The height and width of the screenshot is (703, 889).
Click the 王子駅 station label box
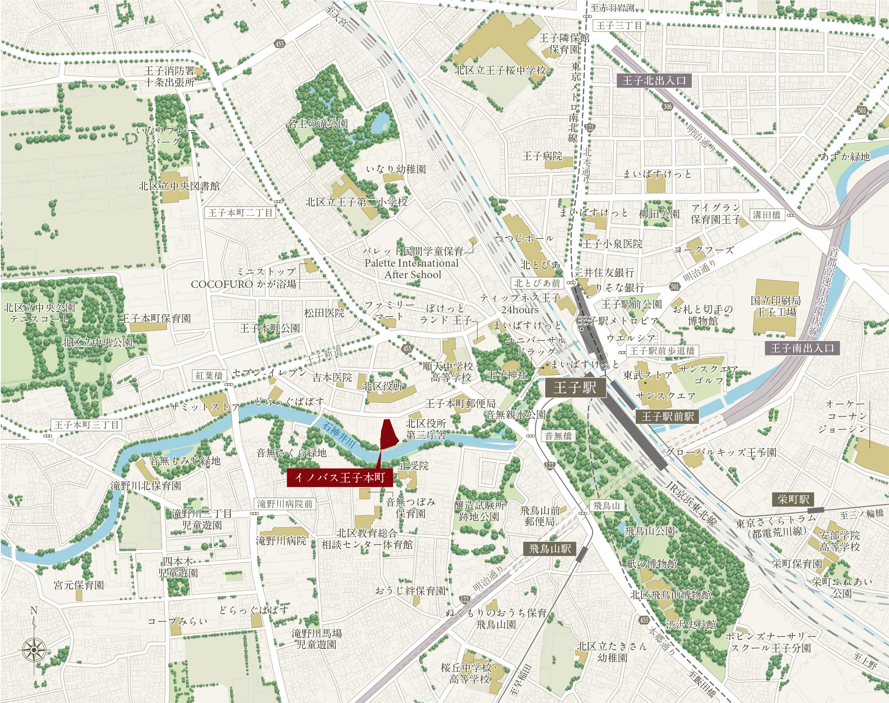click(x=575, y=388)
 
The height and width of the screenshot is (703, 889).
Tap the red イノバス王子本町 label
click(x=339, y=478)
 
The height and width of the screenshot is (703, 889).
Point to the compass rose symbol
click(x=34, y=650)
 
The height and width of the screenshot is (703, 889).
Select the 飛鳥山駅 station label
click(x=550, y=549)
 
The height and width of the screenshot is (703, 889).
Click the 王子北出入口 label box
click(x=654, y=80)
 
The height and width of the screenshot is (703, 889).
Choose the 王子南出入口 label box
click(x=802, y=348)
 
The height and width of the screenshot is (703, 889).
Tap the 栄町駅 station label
click(x=793, y=499)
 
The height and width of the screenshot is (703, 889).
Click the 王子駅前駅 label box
click(x=667, y=416)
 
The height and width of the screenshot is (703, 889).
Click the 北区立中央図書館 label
click(x=179, y=186)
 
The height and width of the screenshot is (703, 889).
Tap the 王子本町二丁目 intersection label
click(x=240, y=213)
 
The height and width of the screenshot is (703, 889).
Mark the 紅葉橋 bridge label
click(x=209, y=375)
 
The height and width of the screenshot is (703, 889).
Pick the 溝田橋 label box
click(x=767, y=215)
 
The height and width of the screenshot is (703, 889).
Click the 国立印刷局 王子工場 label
click(x=775, y=306)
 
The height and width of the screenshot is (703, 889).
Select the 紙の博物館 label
click(x=652, y=564)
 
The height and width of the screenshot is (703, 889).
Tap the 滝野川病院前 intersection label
click(x=285, y=504)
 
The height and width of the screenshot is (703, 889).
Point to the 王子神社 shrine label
click(x=507, y=375)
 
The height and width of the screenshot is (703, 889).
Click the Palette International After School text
click(x=412, y=269)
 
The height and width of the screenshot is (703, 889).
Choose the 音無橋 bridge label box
click(x=558, y=436)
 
